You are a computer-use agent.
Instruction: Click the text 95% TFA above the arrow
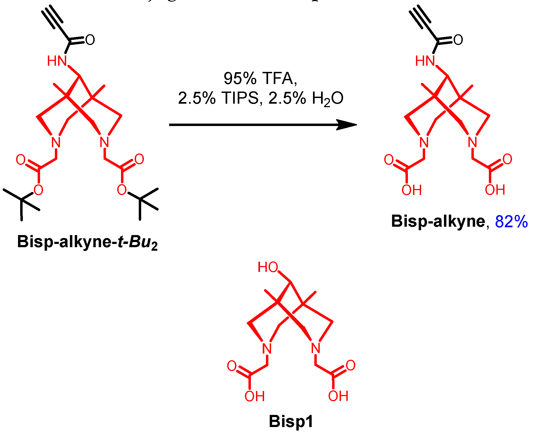(x=260, y=79)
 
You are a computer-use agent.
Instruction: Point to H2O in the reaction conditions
(x=327, y=99)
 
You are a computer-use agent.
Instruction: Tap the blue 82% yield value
(x=511, y=222)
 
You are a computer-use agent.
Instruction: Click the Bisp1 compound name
(x=291, y=421)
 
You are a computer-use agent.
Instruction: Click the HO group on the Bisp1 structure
(x=268, y=267)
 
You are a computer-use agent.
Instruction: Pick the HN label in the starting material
(x=57, y=61)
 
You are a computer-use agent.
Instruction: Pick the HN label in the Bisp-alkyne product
(x=425, y=61)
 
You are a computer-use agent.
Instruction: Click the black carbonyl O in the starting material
(x=90, y=40)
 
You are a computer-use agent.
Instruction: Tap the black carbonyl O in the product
(x=458, y=40)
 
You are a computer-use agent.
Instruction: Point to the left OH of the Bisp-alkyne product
(x=411, y=190)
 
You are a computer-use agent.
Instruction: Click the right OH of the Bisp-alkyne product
(x=495, y=190)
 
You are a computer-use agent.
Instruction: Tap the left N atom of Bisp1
(x=267, y=349)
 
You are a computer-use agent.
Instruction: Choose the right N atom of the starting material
(x=104, y=142)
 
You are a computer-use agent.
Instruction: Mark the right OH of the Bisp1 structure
(x=338, y=396)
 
